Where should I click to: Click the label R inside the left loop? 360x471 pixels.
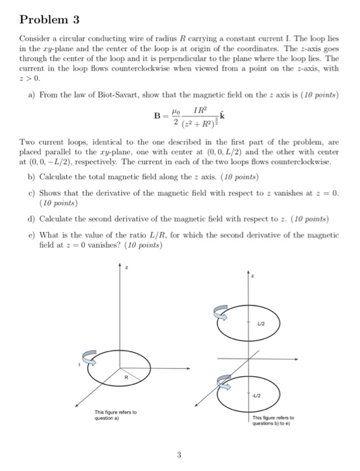pyautogui.click(x=124, y=377)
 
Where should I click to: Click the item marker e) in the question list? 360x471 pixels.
pyautogui.click(x=32, y=233)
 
